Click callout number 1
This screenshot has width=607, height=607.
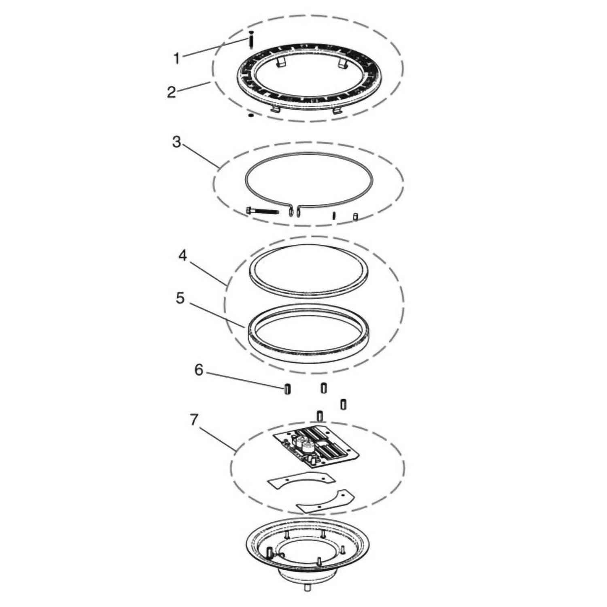pyautogui.click(x=177, y=59)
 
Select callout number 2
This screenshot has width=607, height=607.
pyautogui.click(x=172, y=92)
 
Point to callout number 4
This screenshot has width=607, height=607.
pyautogui.click(x=183, y=256)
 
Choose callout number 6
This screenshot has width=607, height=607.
pyautogui.click(x=198, y=370)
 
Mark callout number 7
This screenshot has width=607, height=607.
pyautogui.click(x=194, y=420)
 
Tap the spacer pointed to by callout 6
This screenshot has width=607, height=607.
pyautogui.click(x=287, y=389)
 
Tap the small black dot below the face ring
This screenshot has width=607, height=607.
pyautogui.click(x=251, y=115)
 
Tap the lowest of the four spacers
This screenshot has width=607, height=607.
pyautogui.click(x=319, y=416)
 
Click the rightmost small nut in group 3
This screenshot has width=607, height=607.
pyautogui.click(x=355, y=216)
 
